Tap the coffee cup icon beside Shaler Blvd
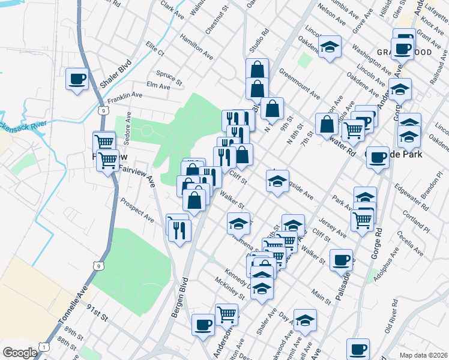pos(77,79)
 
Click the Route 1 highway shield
pos(43,347)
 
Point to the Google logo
pos(20,353)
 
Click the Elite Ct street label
pos(155,49)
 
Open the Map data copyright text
pos(423,355)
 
